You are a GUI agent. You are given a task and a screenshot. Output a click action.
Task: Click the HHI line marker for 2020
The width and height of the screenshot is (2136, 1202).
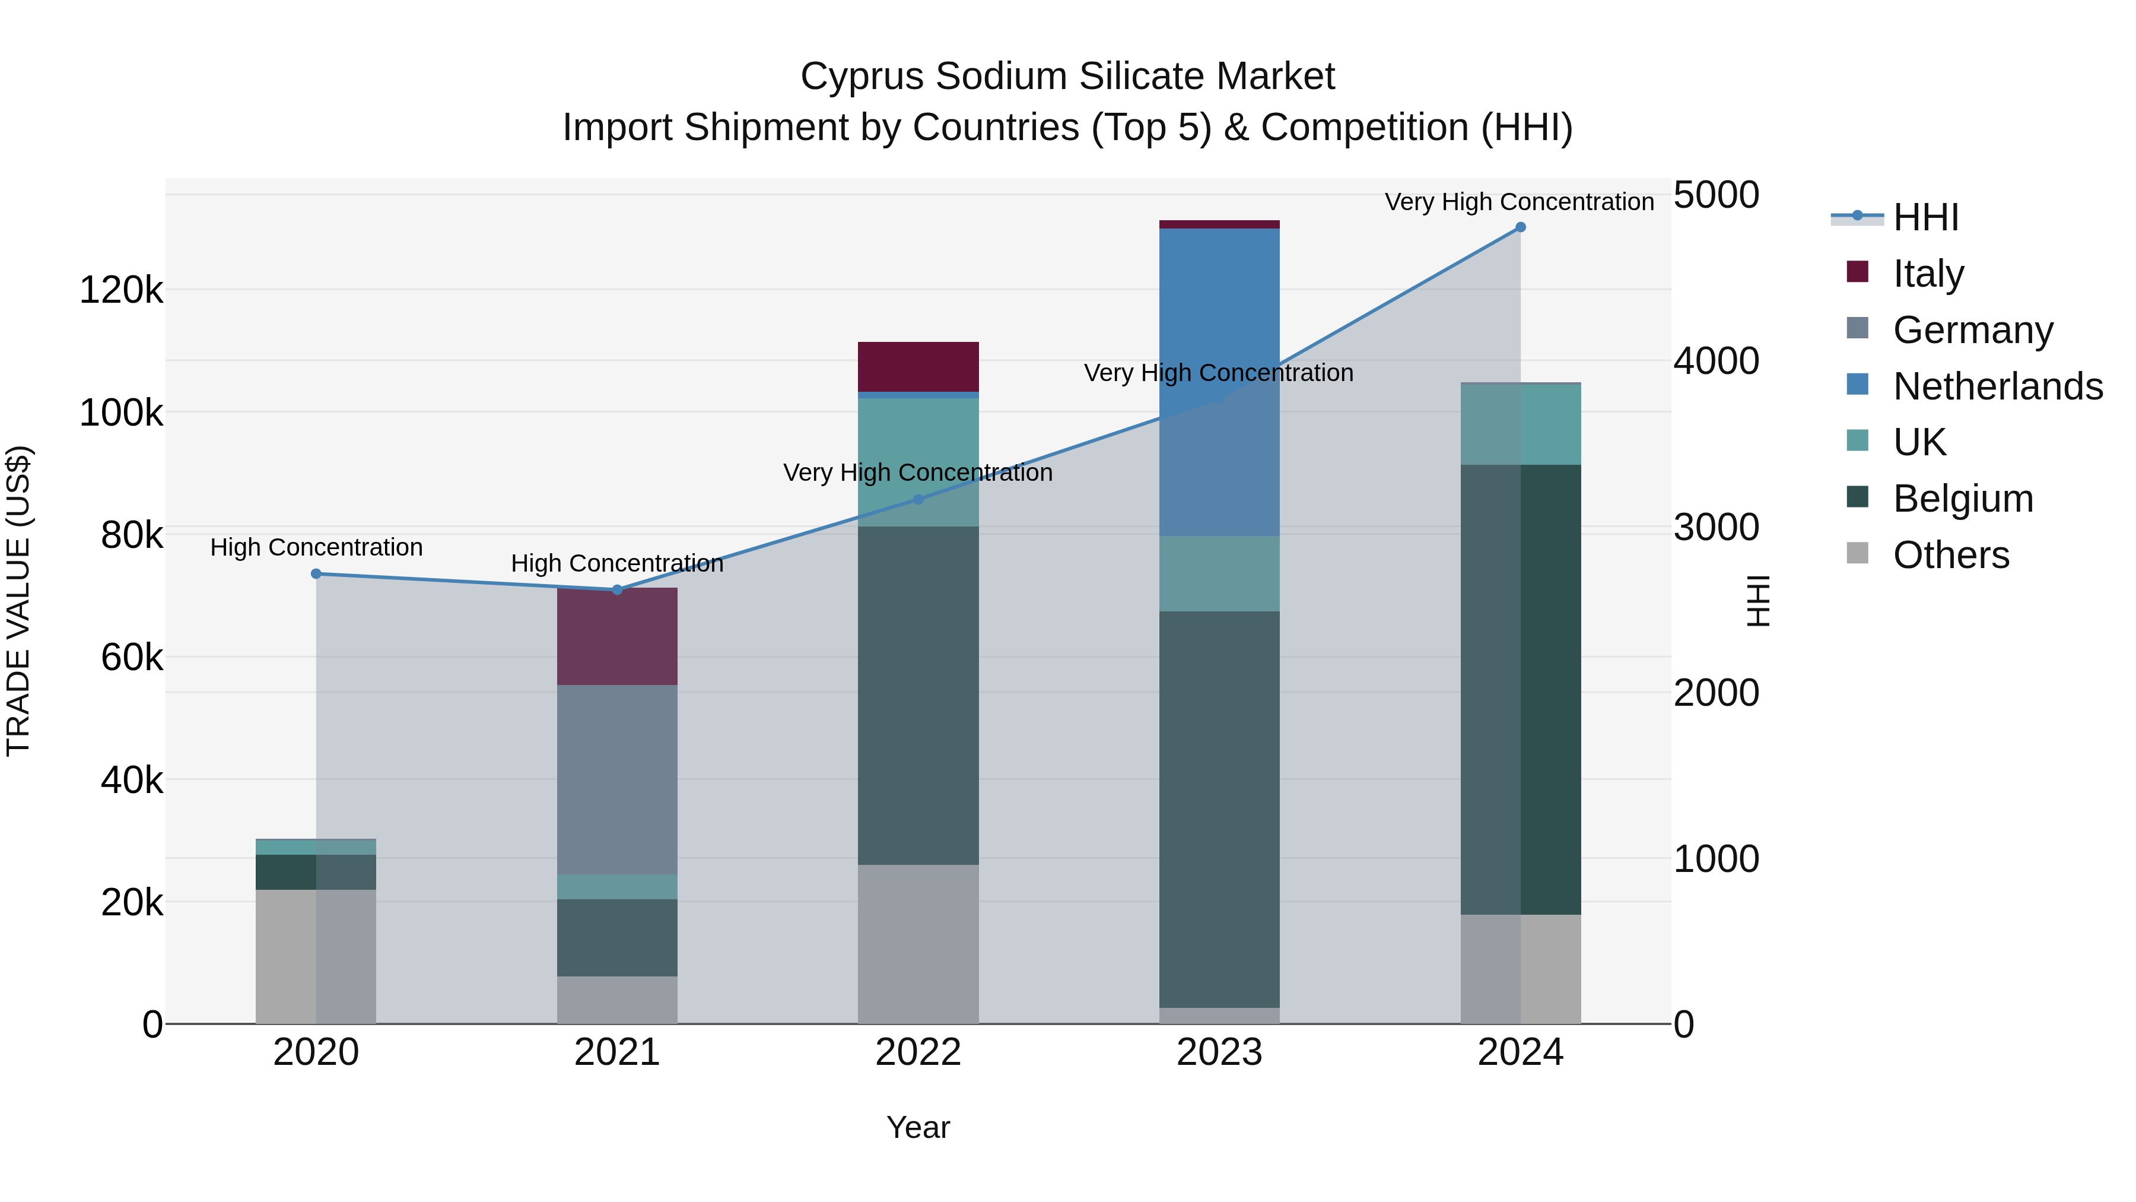pos(316,574)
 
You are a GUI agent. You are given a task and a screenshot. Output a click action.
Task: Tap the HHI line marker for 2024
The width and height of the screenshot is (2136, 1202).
pos(1520,227)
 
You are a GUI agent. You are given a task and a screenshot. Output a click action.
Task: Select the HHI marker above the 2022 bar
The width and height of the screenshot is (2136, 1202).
pos(918,499)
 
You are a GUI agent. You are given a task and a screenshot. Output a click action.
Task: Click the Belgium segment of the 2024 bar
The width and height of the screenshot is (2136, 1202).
pos(1520,689)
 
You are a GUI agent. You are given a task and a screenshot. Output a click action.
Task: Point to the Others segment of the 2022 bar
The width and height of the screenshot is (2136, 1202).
pos(918,944)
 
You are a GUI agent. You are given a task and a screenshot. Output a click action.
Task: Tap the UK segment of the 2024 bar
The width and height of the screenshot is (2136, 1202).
pos(1520,425)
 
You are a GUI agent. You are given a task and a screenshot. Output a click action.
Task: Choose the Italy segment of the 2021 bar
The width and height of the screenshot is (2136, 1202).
pos(617,636)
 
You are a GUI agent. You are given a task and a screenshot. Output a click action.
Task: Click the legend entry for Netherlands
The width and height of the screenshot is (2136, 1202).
pos(1998,386)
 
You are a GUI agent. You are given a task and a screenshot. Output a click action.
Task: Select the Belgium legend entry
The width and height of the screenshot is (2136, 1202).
pos(1963,499)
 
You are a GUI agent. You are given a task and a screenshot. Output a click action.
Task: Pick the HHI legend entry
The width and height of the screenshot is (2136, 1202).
pos(1925,217)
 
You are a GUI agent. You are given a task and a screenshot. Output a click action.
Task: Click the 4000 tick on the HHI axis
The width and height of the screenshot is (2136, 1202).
pos(1715,361)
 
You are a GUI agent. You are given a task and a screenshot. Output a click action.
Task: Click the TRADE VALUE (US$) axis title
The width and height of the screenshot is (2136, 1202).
pos(18,601)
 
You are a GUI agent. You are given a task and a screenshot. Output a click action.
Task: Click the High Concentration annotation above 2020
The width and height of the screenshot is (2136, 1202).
pos(316,547)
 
